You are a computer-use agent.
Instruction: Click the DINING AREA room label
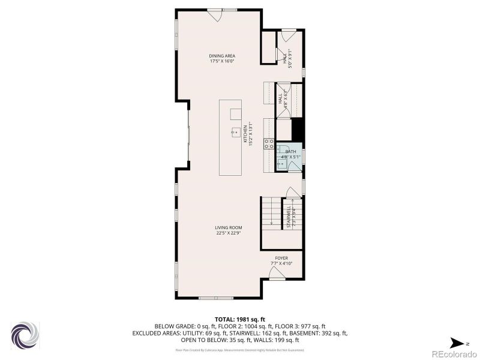[222, 56]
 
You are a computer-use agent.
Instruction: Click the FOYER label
[281, 258]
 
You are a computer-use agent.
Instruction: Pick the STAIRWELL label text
[289, 217]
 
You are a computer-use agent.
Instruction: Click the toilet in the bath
[281, 149]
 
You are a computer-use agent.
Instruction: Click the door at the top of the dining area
[215, 15]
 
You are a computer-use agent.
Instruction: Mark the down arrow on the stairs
[272, 221]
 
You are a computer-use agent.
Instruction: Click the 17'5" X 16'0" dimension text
[222, 61]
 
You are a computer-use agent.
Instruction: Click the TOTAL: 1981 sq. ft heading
[240, 319]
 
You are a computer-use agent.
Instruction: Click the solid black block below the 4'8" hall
[296, 129]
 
